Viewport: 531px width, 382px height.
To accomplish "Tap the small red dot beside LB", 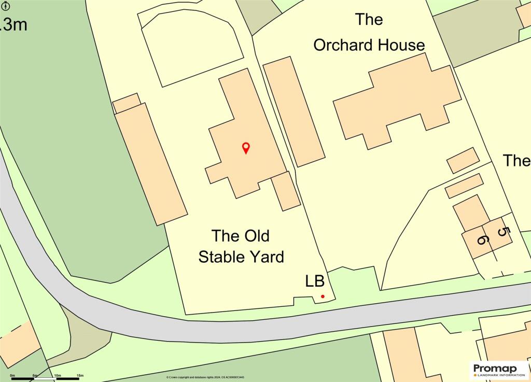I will click(x=323, y=296).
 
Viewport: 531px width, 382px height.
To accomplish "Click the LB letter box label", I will click(x=314, y=281).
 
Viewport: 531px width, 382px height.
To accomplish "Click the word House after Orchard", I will click(x=400, y=45).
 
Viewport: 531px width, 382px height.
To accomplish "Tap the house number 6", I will click(x=482, y=239).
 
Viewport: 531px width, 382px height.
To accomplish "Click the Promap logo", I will click(x=498, y=370).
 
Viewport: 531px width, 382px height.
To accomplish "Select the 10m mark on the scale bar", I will click(x=57, y=375).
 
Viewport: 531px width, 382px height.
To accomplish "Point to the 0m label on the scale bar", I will click(x=12, y=375).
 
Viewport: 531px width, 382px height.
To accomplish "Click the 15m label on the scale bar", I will click(x=80, y=375).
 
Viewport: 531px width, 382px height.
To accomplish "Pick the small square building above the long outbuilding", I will click(x=127, y=102).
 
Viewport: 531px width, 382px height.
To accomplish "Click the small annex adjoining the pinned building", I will click(x=286, y=191).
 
